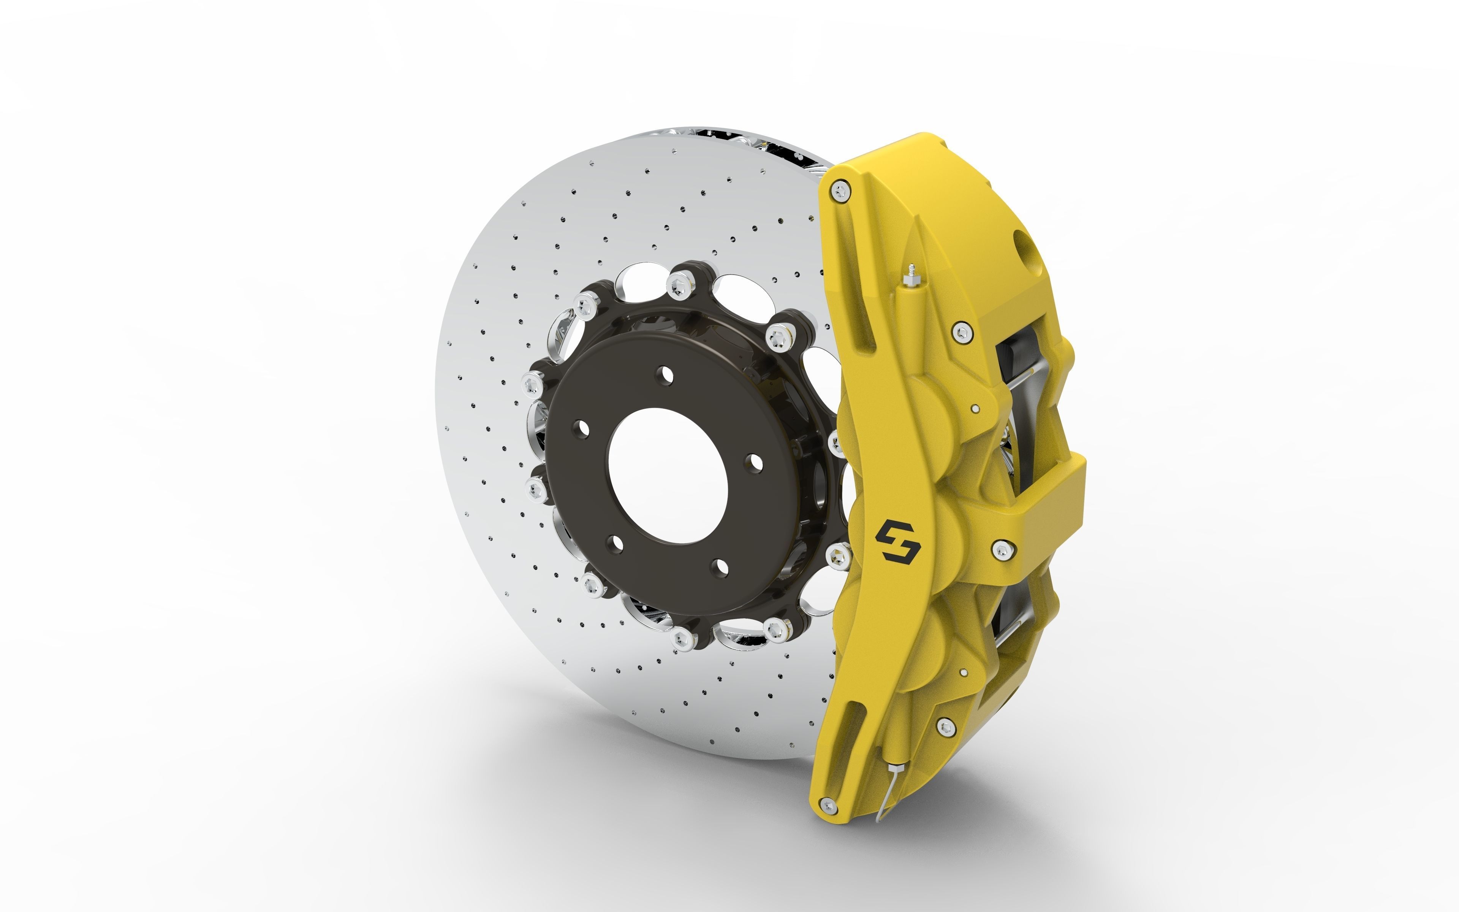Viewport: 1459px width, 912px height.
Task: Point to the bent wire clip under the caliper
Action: tap(889, 790)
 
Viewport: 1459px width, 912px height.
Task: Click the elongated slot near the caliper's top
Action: tap(863, 328)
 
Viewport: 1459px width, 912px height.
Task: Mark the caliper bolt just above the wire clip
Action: tap(946, 727)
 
